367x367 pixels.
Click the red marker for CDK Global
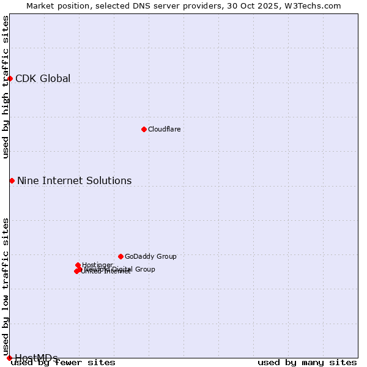(10, 78)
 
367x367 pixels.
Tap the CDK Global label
(43, 78)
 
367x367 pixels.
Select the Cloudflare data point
(144, 129)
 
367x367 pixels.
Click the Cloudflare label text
(164, 129)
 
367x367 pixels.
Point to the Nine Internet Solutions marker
(12, 180)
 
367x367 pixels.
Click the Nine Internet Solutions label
(74, 180)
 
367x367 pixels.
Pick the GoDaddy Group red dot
(120, 256)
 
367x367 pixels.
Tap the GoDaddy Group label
(150, 256)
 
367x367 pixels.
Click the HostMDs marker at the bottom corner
(9, 358)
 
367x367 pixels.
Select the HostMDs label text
(36, 358)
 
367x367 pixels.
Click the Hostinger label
(97, 265)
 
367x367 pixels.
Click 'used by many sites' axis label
(307, 362)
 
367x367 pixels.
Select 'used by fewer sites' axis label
(64, 362)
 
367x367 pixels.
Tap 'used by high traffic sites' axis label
(6, 87)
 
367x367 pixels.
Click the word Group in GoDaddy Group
(165, 256)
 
